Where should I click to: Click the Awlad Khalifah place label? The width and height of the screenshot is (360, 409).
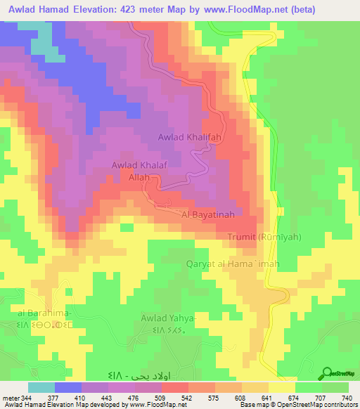pyautogui.click(x=191, y=138)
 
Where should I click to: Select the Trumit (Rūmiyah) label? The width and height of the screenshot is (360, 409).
pyautogui.click(x=264, y=238)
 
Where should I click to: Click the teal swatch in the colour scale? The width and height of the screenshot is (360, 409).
pyautogui.click(x=41, y=387)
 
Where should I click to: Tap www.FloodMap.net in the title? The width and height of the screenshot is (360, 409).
pyautogui.click(x=246, y=9)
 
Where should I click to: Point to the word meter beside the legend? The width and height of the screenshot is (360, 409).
pyautogui.click(x=10, y=397)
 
